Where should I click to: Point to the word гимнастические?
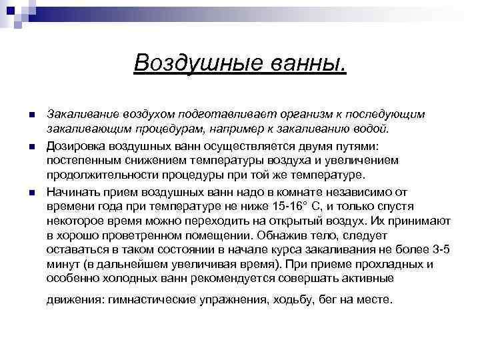pyautogui.click(x=148, y=299)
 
